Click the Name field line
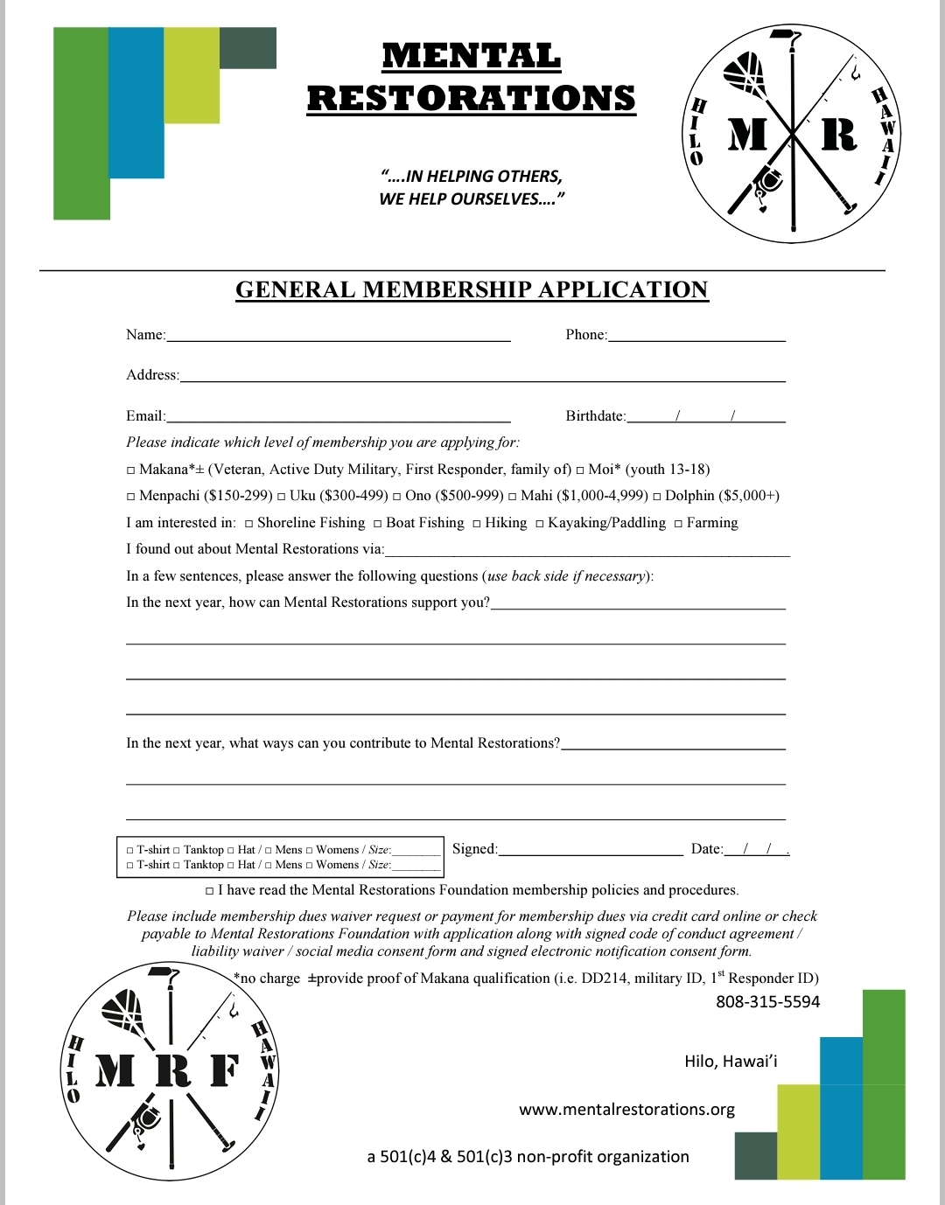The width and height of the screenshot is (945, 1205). click(338, 338)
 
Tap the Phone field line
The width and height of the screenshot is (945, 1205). click(696, 338)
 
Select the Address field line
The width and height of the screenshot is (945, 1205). click(482, 379)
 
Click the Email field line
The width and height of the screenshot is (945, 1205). click(338, 419)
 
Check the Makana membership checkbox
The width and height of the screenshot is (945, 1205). click(131, 470)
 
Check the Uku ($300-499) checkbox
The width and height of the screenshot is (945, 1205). click(282, 497)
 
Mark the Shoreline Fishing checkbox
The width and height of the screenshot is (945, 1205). click(249, 524)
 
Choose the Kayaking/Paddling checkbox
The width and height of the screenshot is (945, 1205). click(540, 524)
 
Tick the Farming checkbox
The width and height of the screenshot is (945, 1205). click(678, 524)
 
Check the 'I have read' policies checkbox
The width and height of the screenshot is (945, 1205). click(210, 891)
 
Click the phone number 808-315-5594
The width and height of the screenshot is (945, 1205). click(767, 1002)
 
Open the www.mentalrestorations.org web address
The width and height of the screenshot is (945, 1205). click(626, 1110)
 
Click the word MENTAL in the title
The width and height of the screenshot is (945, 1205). click(472, 57)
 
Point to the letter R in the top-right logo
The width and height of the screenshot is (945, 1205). click(838, 135)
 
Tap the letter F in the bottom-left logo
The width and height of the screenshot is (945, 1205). click(224, 1070)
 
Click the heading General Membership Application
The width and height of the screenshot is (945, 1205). click(472, 290)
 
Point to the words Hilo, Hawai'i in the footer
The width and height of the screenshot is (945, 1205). click(731, 1062)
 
